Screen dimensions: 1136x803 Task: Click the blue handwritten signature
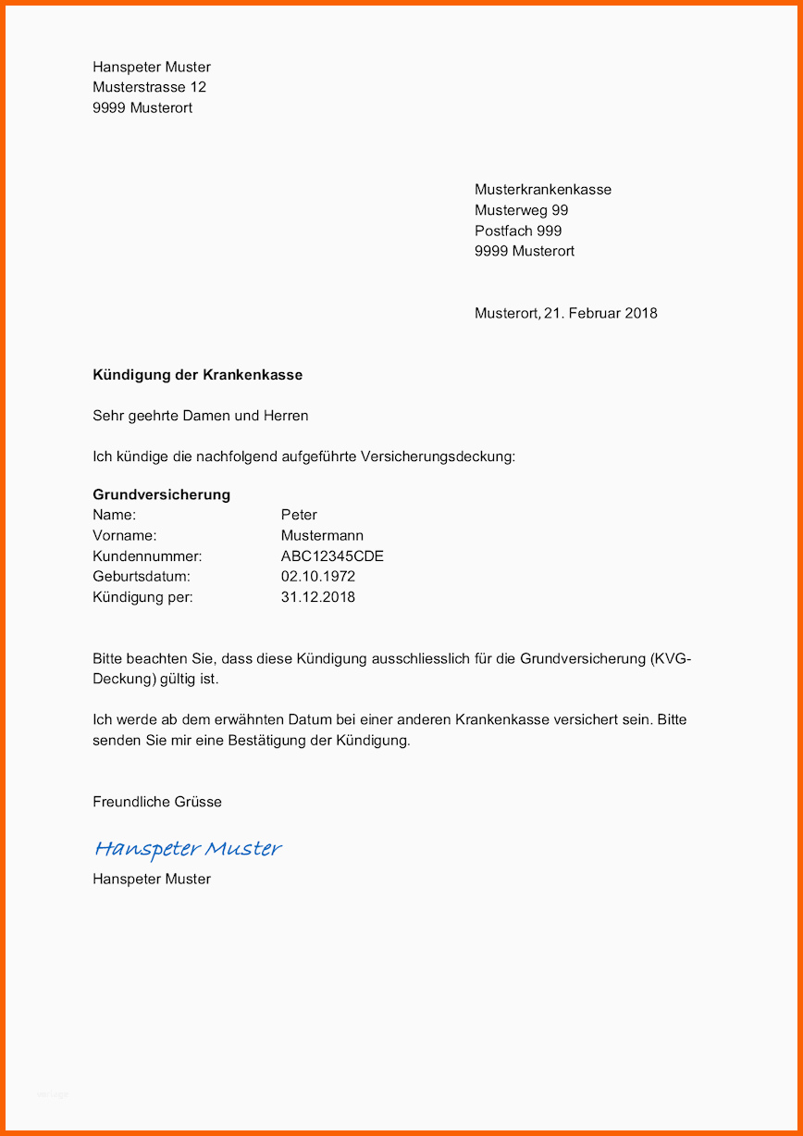pyautogui.click(x=188, y=848)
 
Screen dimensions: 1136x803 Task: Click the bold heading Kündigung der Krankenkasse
pyautogui.click(x=197, y=375)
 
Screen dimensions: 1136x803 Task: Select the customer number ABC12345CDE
pyautogui.click(x=332, y=556)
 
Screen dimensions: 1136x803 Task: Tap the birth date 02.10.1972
pyautogui.click(x=318, y=577)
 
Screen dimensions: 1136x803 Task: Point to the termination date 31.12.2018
pyautogui.click(x=318, y=597)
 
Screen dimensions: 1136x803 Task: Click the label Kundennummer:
pyautogui.click(x=147, y=556)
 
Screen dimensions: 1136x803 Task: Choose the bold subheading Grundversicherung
pyautogui.click(x=161, y=494)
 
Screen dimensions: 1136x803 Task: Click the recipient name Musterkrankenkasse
pyautogui.click(x=543, y=190)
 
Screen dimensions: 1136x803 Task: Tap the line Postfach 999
pyautogui.click(x=518, y=231)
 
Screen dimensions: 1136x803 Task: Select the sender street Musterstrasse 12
pyautogui.click(x=149, y=87)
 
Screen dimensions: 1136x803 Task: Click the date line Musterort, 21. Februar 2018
pyautogui.click(x=566, y=313)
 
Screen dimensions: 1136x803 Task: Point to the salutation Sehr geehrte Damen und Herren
pyautogui.click(x=201, y=416)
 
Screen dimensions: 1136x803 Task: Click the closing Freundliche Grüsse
pyautogui.click(x=157, y=802)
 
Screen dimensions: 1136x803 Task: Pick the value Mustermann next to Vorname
pyautogui.click(x=322, y=536)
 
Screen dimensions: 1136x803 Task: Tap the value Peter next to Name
pyautogui.click(x=299, y=515)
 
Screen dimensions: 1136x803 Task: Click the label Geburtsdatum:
pyautogui.click(x=142, y=577)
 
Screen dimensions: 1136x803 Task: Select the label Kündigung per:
pyautogui.click(x=142, y=597)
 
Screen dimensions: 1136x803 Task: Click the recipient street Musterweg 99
pyautogui.click(x=522, y=210)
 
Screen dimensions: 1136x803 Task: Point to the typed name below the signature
pyautogui.click(x=152, y=879)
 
